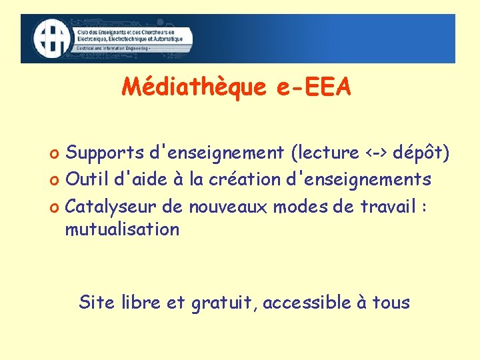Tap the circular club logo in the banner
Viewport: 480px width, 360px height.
[x=52, y=39]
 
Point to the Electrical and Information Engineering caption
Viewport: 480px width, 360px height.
[x=113, y=49]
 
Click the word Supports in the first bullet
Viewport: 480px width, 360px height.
[x=105, y=153]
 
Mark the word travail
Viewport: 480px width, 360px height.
[x=387, y=206]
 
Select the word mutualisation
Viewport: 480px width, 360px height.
[x=122, y=230]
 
